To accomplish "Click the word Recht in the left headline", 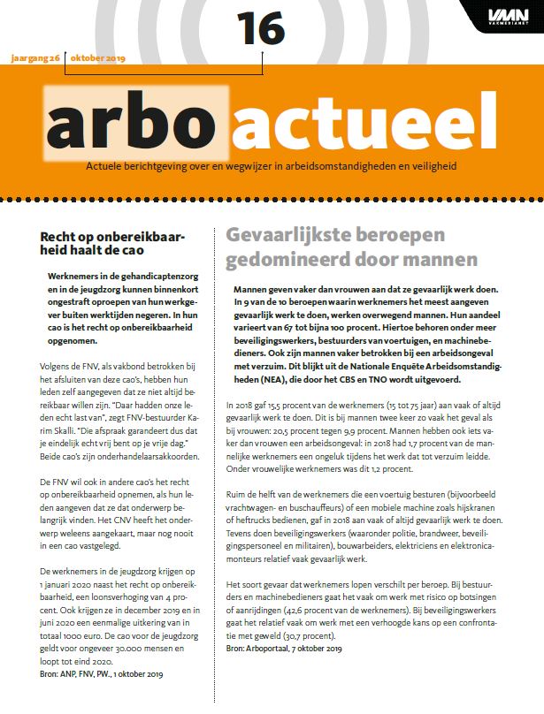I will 59,236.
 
